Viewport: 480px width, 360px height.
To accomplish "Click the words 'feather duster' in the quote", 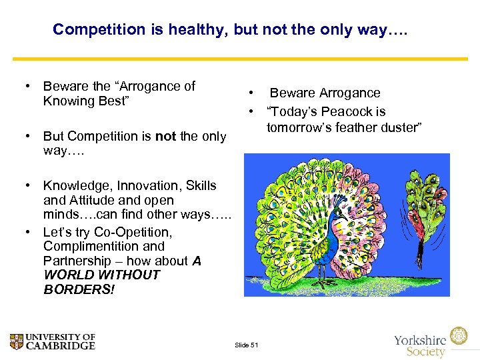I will (x=379, y=127).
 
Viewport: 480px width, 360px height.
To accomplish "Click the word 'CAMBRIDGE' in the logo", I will (x=63, y=345).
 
